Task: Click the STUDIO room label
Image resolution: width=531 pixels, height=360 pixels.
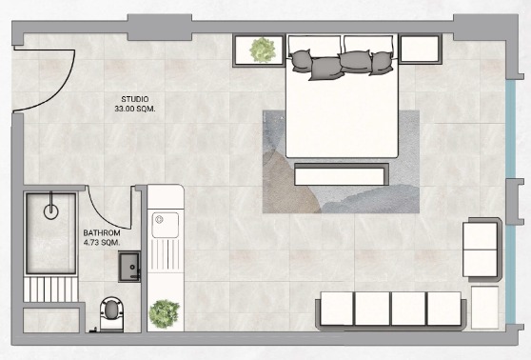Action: coord(135,99)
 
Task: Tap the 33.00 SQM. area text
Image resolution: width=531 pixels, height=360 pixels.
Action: coord(135,109)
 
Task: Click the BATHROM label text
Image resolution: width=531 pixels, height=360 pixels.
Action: coord(102,233)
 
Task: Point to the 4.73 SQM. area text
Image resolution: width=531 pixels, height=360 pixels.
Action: coord(102,242)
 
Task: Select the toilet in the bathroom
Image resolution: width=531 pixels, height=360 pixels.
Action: coord(111,313)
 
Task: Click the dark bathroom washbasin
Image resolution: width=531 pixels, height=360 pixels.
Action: coord(129,267)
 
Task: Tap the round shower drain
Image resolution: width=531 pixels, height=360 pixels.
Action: coord(50,211)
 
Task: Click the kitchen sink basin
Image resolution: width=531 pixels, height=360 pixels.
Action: coord(166,225)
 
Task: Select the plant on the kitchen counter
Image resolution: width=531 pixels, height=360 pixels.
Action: coord(165,314)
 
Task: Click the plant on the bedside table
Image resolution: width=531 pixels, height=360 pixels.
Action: coord(263,50)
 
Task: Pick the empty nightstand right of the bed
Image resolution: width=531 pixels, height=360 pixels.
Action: coord(421,49)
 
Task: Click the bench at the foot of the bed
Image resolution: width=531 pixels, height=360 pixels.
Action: coord(342,174)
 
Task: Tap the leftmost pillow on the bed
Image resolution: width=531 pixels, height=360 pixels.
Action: coord(301,60)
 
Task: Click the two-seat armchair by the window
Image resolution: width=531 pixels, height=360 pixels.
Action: coord(482,250)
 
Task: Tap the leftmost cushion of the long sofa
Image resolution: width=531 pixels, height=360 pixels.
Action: coord(337,309)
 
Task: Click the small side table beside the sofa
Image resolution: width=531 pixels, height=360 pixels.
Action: coord(485,308)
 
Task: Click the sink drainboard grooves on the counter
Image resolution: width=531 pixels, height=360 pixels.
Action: coord(166,255)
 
